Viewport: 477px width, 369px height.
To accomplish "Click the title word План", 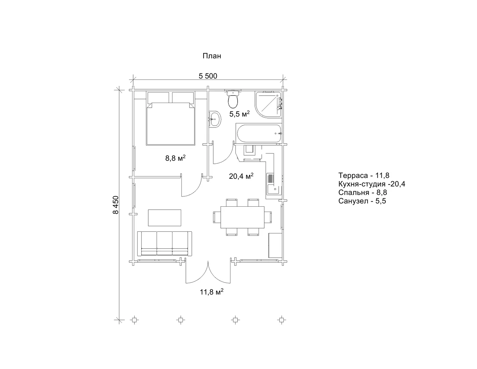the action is tap(212, 56).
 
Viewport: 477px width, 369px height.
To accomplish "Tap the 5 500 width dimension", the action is tap(208, 76).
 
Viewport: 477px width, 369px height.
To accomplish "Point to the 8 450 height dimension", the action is tap(115, 205).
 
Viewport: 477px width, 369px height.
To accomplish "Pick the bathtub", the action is tap(259, 134).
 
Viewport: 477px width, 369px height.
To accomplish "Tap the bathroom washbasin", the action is tap(215, 119).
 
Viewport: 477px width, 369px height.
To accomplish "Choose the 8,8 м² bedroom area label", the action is tap(175, 158).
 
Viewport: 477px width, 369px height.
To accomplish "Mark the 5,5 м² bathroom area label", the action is tap(240, 114).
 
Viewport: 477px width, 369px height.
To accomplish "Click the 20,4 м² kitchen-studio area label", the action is tap(241, 176).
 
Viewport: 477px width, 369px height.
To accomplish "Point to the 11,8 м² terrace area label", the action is tap(212, 292).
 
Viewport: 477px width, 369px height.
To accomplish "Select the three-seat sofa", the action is tap(164, 244).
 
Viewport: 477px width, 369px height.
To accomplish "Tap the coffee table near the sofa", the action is tap(165, 217).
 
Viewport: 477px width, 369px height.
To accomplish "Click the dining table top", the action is tap(242, 217).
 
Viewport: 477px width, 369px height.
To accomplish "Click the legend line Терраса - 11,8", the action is tap(364, 175).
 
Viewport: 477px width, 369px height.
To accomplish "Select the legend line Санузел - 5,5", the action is tap(362, 201).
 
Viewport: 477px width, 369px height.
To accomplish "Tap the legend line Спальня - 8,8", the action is tap(362, 192).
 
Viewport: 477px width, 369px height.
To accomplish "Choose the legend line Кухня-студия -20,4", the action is tap(372, 184).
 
